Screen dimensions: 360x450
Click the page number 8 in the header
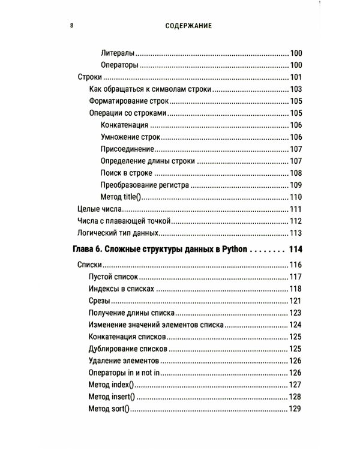pyautogui.click(x=71, y=26)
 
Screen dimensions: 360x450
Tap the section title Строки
pyautogui.click(x=90, y=77)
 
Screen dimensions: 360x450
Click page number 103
pyautogui.click(x=295, y=89)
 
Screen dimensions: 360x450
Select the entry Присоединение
pyautogui.click(x=128, y=149)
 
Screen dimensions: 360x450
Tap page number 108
pyautogui.click(x=295, y=173)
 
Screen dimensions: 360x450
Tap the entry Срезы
pyautogui.click(x=100, y=301)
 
